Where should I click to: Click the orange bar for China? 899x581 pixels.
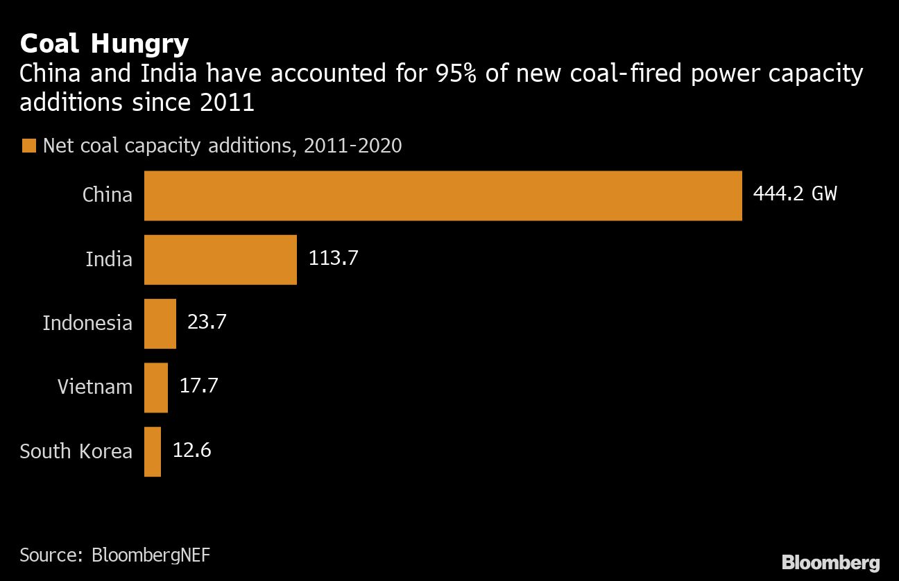(x=443, y=196)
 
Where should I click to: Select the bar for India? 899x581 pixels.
(x=220, y=259)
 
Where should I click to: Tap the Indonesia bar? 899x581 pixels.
(x=160, y=323)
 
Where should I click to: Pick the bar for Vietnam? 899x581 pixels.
(x=156, y=387)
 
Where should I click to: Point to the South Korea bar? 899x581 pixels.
(x=153, y=451)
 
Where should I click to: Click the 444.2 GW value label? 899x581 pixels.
(x=794, y=193)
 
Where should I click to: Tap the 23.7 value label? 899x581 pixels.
(x=207, y=322)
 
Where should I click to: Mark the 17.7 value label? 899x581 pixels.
(x=198, y=385)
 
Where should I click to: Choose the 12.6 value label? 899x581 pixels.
(x=191, y=450)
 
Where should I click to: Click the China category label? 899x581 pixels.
(x=108, y=195)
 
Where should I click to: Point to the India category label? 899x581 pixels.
(x=109, y=259)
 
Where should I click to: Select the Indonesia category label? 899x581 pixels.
(x=87, y=323)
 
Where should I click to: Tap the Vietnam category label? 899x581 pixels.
(x=95, y=387)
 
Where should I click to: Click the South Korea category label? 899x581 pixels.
(x=76, y=451)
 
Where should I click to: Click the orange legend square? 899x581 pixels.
(x=28, y=146)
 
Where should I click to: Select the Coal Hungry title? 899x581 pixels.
(x=104, y=44)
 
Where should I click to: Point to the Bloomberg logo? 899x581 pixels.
(x=830, y=562)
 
